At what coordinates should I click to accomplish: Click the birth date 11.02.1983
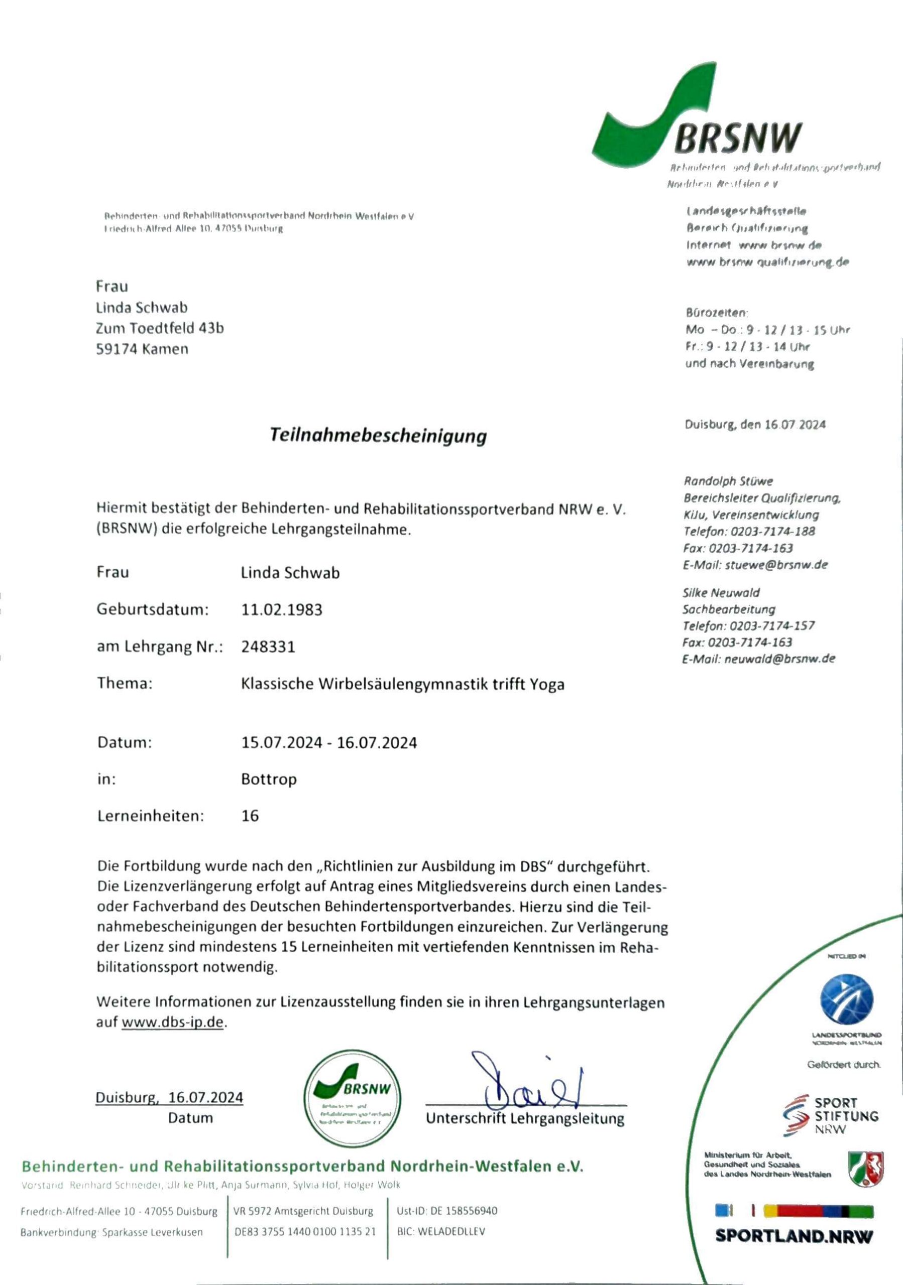pyautogui.click(x=282, y=609)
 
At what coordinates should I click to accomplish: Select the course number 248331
pyautogui.click(x=268, y=647)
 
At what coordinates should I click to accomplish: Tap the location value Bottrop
pyautogui.click(x=269, y=779)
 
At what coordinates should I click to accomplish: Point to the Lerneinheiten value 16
pyautogui.click(x=250, y=816)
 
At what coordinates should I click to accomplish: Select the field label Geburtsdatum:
pyautogui.click(x=152, y=609)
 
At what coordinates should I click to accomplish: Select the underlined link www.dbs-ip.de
pyautogui.click(x=172, y=1022)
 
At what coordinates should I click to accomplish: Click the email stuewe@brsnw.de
pyautogui.click(x=776, y=565)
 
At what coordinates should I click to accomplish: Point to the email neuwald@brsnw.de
pyautogui.click(x=779, y=659)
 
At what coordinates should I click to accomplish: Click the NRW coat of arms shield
pyautogui.click(x=865, y=1169)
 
